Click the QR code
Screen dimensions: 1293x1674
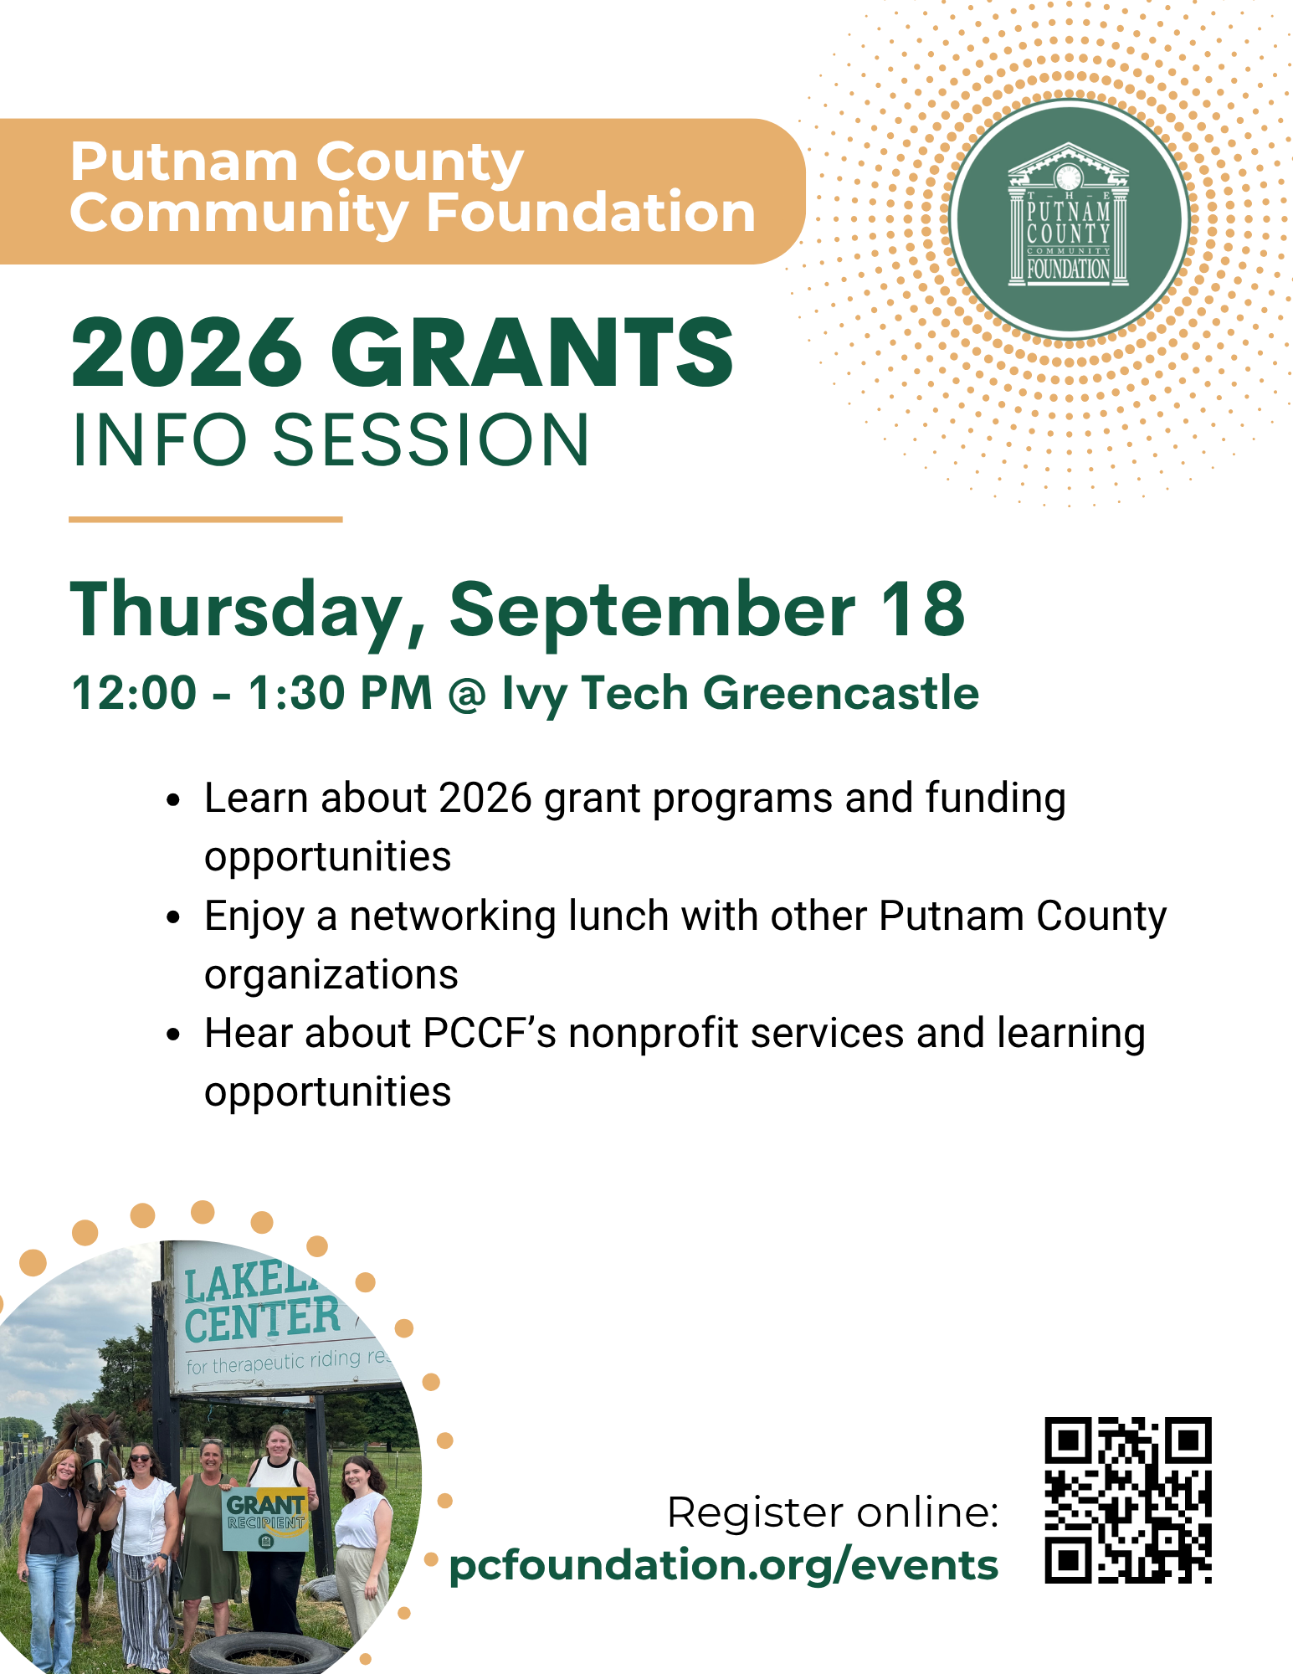pos(1127,1500)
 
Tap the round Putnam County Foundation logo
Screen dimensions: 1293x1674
pos(1069,219)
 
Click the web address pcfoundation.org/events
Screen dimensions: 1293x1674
pos(724,1565)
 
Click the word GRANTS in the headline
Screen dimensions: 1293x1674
pos(532,352)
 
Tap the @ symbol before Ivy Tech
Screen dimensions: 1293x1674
pos(467,694)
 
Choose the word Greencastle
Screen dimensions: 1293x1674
pos(841,693)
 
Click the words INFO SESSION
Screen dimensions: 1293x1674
pos(331,440)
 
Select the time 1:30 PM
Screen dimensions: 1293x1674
pos(340,693)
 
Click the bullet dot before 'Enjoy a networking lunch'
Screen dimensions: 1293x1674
pos(173,917)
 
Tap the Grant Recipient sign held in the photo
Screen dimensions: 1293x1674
pos(265,1518)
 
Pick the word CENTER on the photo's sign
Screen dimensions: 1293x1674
pos(263,1318)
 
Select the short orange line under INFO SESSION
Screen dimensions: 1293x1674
pos(206,520)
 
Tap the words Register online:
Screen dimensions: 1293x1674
pos(833,1512)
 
